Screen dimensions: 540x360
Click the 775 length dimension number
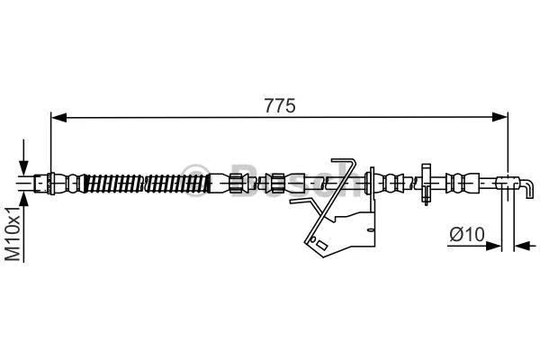tap(280, 106)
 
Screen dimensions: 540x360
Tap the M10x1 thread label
tap(13, 234)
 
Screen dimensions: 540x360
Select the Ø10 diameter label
tap(467, 235)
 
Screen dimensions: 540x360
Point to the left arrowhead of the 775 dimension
tap(58, 117)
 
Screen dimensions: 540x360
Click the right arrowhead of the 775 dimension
tap(500, 117)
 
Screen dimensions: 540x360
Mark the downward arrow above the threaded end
tap(23, 157)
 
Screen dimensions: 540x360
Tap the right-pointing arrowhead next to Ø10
tap(493, 246)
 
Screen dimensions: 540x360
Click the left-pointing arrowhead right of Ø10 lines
tap(521, 246)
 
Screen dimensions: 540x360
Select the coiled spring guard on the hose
tap(147, 184)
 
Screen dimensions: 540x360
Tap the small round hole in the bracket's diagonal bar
tap(313, 238)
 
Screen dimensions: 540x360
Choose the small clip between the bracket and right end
tap(426, 184)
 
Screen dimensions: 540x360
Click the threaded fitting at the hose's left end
tap(42, 184)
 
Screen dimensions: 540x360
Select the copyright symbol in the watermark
tap(196, 180)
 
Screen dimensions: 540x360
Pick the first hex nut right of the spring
tap(236, 183)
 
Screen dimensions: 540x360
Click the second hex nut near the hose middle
tap(277, 183)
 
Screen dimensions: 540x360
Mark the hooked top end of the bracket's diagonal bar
tap(344, 162)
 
